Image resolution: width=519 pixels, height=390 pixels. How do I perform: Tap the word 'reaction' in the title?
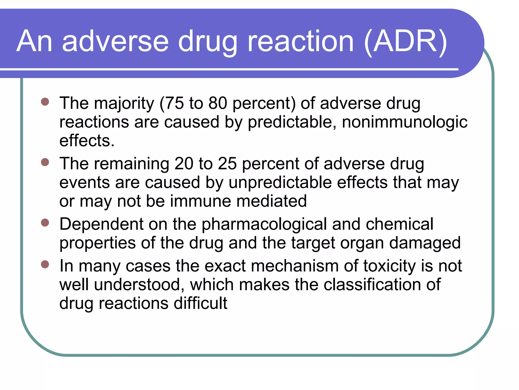(x=300, y=41)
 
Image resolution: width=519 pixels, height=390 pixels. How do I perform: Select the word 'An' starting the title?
(x=34, y=41)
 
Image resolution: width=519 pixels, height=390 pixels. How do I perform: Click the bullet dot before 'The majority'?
(x=45, y=102)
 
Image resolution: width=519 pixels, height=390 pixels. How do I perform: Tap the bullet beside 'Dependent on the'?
(x=45, y=223)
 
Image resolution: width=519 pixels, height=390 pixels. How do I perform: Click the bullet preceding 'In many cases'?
(x=45, y=264)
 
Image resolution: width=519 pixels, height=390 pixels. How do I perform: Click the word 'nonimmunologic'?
(x=404, y=122)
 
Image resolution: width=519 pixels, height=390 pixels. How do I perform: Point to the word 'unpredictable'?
(x=280, y=183)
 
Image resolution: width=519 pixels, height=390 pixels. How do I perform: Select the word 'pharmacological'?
(x=264, y=224)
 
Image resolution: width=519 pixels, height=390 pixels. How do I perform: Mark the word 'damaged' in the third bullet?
(x=425, y=243)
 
